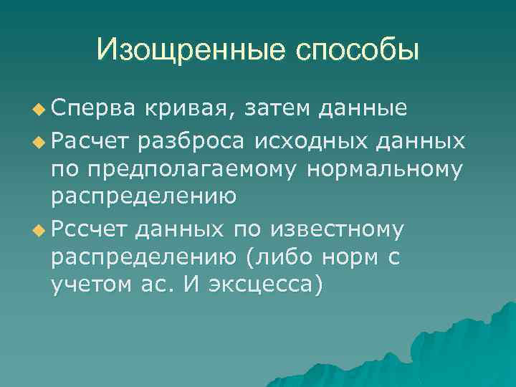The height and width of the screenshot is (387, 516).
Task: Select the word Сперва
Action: (x=92, y=108)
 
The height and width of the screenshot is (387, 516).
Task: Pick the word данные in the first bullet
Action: (x=364, y=108)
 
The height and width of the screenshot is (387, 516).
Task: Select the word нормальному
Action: (x=383, y=171)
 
